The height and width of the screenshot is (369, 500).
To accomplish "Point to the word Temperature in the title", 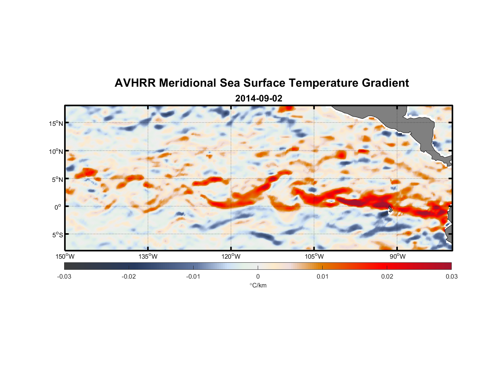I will pos(323,83).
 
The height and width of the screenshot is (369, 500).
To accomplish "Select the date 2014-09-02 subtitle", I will pos(258,99).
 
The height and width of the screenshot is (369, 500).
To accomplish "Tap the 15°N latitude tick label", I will pos(56,123).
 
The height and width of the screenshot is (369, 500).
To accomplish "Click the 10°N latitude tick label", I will pos(56,151).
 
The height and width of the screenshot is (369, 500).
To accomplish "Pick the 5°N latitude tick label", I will pos(57,179).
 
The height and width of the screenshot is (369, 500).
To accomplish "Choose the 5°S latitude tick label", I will pos(57,235).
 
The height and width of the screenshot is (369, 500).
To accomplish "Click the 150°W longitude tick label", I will pos(65,256).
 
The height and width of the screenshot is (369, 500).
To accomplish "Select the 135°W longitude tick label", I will pos(148,256).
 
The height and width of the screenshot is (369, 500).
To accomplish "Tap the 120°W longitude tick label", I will pos(231,256).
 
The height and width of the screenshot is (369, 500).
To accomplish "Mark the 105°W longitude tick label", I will pos(314,256).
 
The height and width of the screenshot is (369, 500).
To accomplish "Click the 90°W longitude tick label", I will pos(397,256).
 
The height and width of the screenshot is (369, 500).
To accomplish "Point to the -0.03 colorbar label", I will pos(64,276).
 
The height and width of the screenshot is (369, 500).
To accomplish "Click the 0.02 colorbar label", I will pos(387,276).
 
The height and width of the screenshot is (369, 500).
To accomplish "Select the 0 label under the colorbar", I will pos(258,276).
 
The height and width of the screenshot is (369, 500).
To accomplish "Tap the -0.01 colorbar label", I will pos(193,276).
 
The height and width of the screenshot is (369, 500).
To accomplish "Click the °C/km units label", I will pos(258,285).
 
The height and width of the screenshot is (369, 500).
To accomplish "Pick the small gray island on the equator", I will pos(390,209).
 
